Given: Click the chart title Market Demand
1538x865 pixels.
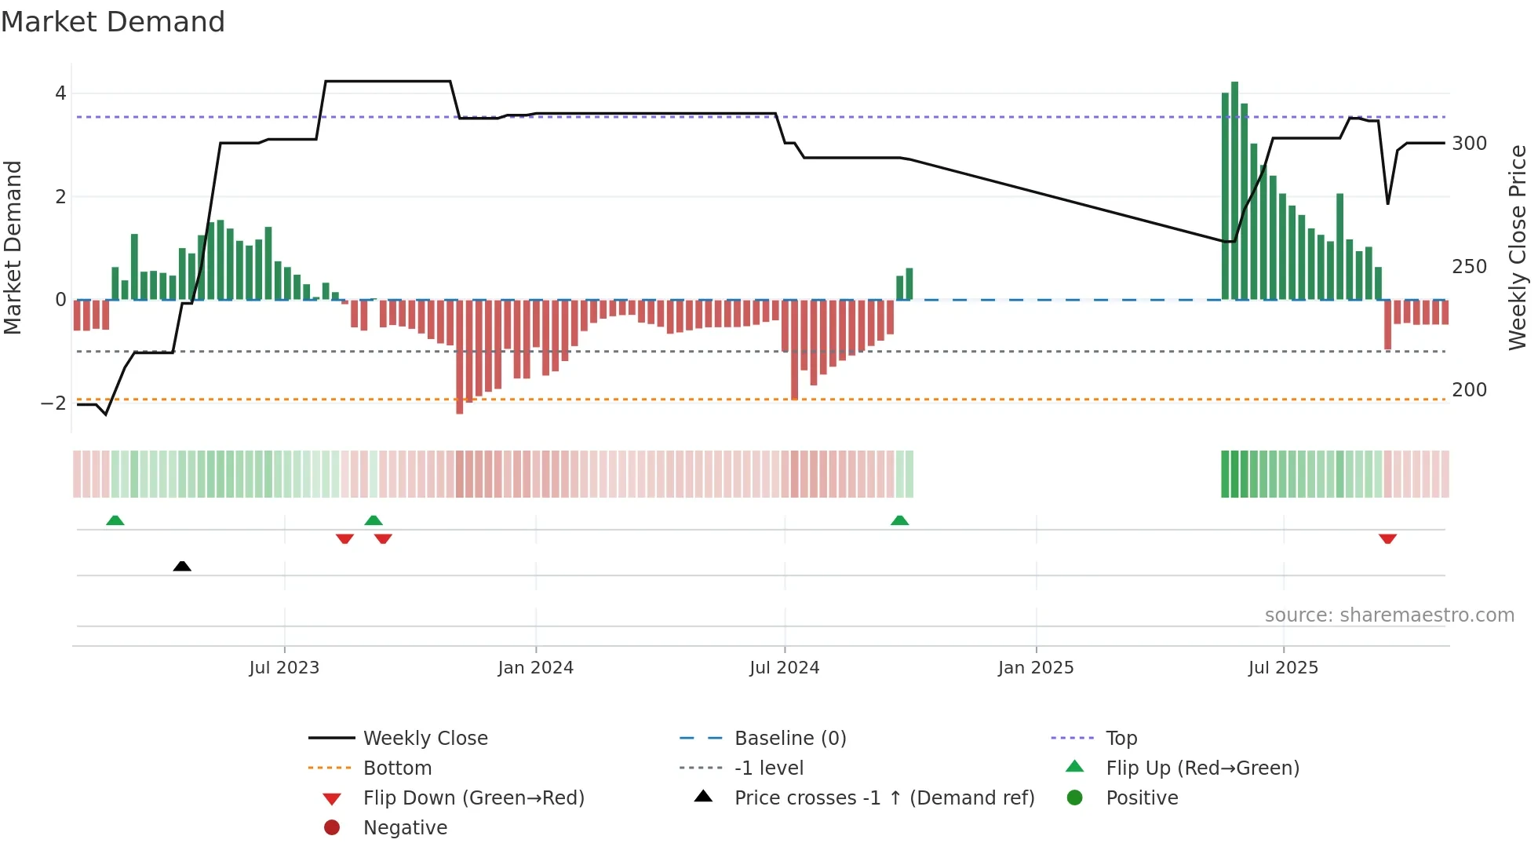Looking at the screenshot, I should click(x=113, y=22).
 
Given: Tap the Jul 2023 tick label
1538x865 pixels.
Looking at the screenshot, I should click(x=284, y=668).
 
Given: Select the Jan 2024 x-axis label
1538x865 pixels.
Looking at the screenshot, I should click(x=535, y=668).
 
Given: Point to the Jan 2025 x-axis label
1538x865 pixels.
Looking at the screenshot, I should click(x=1036, y=668).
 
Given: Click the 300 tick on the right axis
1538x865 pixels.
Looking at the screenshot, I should click(x=1469, y=144).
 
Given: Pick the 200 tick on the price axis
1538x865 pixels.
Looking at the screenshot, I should click(x=1469, y=390).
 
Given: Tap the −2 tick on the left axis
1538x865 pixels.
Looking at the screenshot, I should click(x=53, y=403).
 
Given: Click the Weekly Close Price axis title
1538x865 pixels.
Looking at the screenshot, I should click(x=1518, y=247).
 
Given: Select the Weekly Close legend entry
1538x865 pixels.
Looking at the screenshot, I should click(x=425, y=739).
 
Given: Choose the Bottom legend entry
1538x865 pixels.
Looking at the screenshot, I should click(x=397, y=768).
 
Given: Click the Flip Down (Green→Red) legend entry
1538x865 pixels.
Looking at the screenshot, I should click(x=473, y=798).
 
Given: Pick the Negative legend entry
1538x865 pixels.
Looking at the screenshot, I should click(x=405, y=828).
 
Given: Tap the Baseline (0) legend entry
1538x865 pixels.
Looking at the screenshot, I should click(x=789, y=739).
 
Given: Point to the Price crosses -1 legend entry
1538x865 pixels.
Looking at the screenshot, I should click(x=884, y=798).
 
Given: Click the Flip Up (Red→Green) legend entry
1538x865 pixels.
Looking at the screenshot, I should click(x=1202, y=768).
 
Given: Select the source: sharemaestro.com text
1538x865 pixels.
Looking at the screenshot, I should click(x=1389, y=615).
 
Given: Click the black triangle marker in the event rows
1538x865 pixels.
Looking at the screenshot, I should click(x=182, y=566).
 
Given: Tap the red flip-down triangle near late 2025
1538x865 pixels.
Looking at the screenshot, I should click(x=1387, y=538).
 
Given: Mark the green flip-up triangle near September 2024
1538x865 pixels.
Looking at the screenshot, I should click(x=899, y=520).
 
